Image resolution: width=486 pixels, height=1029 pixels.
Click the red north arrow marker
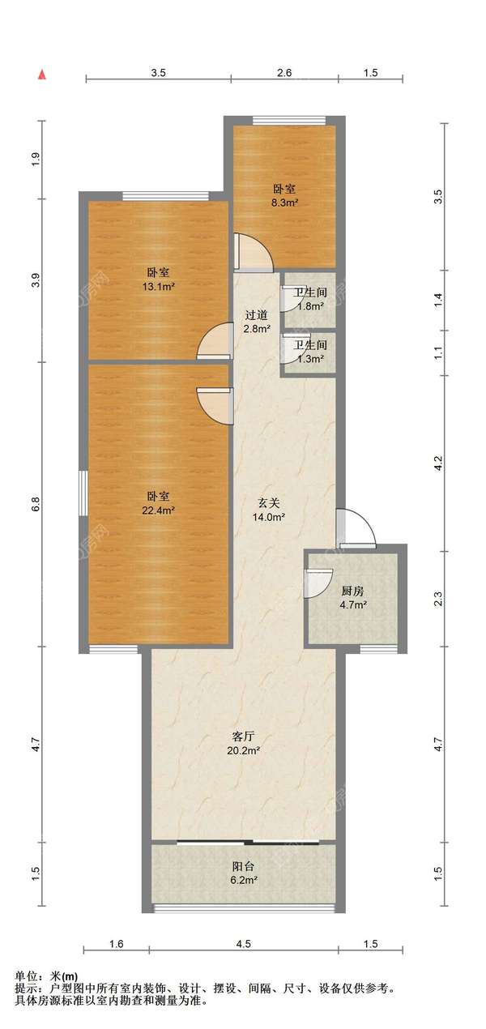click(42, 75)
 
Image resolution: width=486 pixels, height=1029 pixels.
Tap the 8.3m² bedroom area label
click(285, 196)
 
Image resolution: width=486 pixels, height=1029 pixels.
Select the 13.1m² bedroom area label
click(159, 280)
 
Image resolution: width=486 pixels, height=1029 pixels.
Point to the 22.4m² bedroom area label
click(159, 503)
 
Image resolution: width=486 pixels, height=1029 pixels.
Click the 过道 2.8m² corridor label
click(256, 322)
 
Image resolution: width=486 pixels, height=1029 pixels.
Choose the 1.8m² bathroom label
click(310, 299)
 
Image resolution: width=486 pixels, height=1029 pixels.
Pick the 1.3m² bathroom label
click(310, 352)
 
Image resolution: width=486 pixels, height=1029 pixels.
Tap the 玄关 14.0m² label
click(269, 510)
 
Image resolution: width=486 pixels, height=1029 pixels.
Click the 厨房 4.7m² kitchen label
click(353, 598)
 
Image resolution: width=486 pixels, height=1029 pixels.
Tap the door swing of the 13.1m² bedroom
click(215, 341)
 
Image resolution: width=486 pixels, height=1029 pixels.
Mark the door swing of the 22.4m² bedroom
click(215, 407)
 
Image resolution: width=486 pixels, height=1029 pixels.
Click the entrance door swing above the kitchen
click(356, 527)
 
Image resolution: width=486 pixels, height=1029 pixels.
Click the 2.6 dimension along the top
click(285, 73)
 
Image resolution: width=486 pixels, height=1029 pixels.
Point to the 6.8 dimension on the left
click(36, 505)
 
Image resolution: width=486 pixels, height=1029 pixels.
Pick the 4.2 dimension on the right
click(438, 463)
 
